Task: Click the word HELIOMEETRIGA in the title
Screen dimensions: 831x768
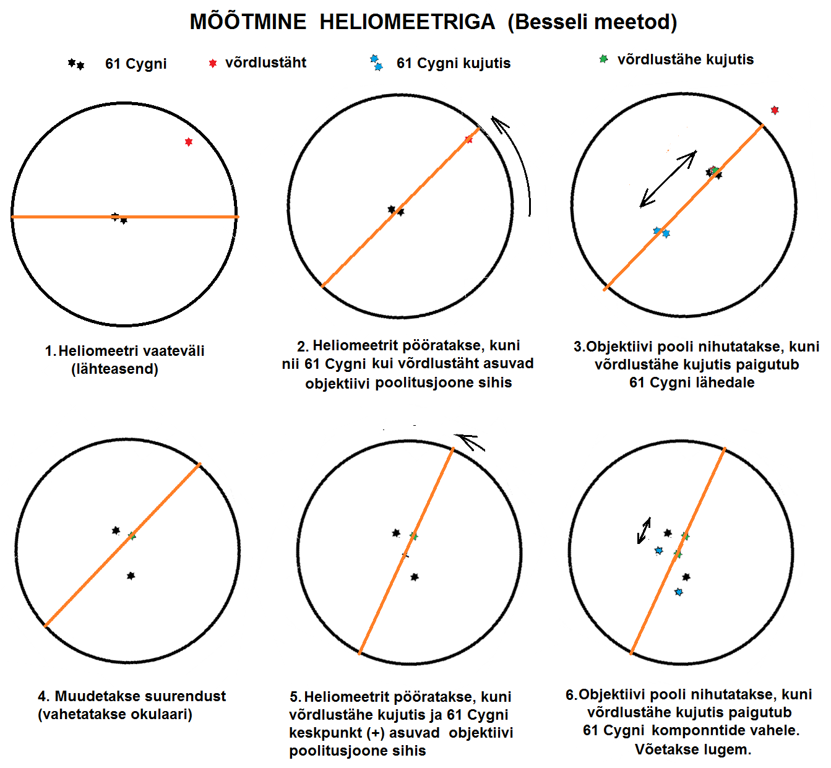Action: [407, 22]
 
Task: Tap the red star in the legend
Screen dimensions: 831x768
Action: [213, 63]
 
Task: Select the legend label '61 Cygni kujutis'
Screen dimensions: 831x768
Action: [454, 63]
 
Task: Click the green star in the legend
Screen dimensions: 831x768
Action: [603, 59]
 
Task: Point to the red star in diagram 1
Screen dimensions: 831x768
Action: [189, 142]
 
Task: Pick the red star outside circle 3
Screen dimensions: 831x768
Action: [775, 110]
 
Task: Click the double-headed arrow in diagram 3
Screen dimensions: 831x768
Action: [668, 179]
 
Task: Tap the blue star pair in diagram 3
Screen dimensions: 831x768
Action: [661, 232]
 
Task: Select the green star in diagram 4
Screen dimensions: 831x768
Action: [132, 535]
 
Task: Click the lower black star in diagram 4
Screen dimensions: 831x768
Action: [131, 576]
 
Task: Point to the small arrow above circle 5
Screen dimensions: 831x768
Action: [469, 442]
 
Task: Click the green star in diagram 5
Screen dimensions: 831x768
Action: [413, 536]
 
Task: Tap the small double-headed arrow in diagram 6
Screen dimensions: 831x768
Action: [644, 531]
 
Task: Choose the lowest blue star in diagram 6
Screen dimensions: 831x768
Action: [679, 592]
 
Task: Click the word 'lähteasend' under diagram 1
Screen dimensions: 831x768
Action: [114, 369]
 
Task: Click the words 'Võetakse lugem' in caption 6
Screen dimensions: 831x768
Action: [693, 749]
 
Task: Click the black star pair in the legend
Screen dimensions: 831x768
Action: [76, 64]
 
